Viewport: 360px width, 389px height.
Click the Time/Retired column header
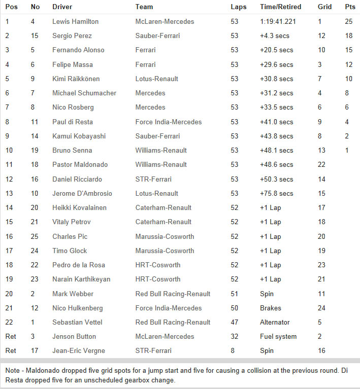pos(280,7)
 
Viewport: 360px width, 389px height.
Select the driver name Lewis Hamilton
pos(76,22)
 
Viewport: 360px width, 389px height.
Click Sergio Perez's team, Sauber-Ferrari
pos(157,36)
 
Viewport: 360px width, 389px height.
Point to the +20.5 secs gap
pos(276,50)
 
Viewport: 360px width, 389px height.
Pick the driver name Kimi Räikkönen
pos(76,79)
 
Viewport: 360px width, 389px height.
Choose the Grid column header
pos(324,7)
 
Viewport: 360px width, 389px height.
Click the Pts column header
pos(350,7)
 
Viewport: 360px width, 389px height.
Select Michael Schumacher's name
pos(84,93)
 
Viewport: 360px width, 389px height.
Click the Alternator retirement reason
pos(275,322)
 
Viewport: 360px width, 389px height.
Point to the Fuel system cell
pos(278,336)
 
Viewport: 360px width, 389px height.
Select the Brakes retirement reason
pos(270,308)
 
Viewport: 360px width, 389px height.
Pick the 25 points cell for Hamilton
pos(348,22)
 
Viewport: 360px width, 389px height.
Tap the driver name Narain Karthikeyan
pos(81,279)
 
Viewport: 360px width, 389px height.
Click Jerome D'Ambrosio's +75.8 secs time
pos(276,193)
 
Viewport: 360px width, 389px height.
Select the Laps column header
pos(239,7)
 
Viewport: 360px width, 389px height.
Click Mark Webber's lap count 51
pos(234,294)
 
